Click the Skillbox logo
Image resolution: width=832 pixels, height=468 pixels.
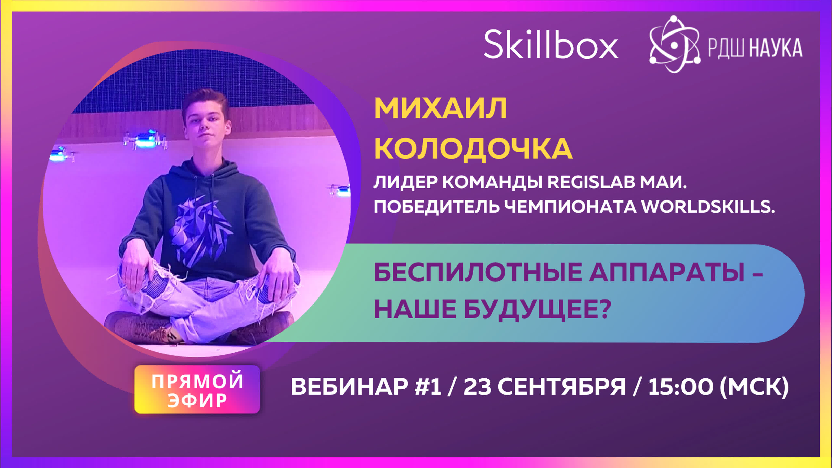[x=551, y=44]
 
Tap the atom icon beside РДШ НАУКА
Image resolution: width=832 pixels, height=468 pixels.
[x=674, y=44]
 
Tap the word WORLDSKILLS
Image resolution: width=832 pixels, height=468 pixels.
[x=707, y=207]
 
